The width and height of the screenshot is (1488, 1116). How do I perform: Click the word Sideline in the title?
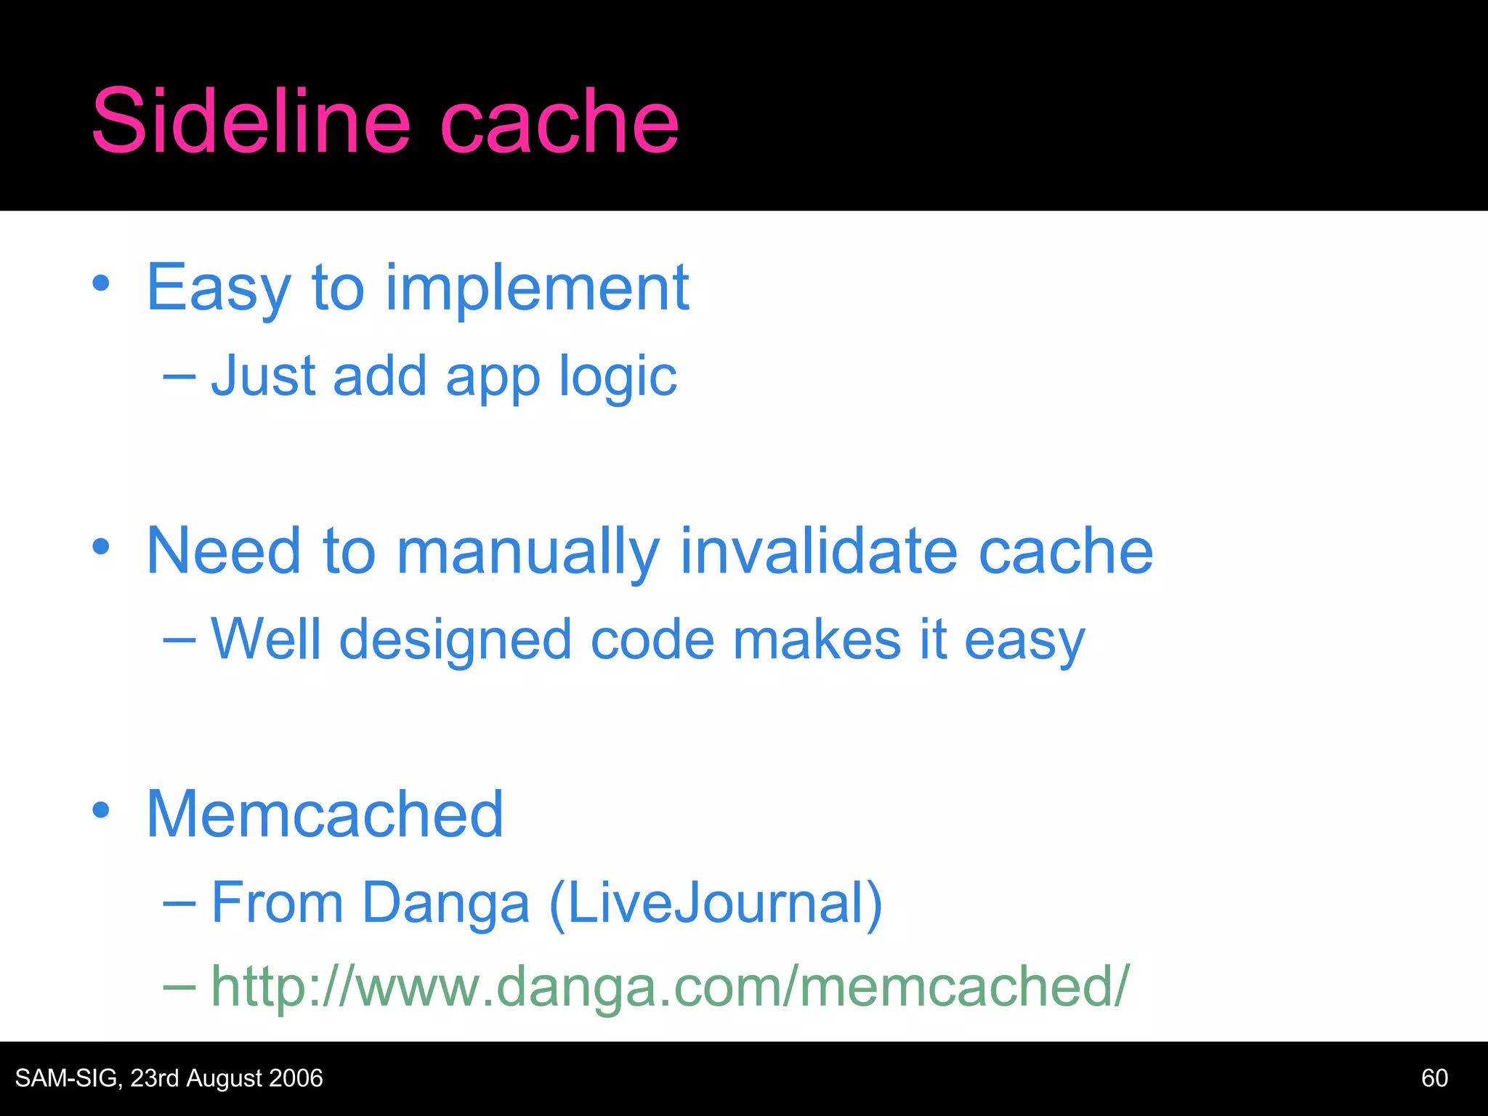pos(251,122)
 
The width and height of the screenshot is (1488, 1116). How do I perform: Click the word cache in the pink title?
pos(559,122)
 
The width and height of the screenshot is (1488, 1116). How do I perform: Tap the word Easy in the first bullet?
pos(219,289)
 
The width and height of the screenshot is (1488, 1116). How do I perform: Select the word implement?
pos(537,289)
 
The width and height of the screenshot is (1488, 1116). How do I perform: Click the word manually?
pos(528,552)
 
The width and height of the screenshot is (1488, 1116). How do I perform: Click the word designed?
pos(456,641)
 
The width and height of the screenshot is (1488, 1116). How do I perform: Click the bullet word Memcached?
pos(325,814)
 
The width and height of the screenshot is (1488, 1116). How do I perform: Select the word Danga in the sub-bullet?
pos(445,903)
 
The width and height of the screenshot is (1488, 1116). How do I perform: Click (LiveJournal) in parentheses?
pos(716,903)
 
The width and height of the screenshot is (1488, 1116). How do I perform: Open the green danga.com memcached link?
pos(669,987)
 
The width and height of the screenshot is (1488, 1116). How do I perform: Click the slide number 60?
pos(1434,1078)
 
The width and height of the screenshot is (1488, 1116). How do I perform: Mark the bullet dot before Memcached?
pos(101,810)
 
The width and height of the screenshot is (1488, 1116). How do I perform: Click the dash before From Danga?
pos(179,904)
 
